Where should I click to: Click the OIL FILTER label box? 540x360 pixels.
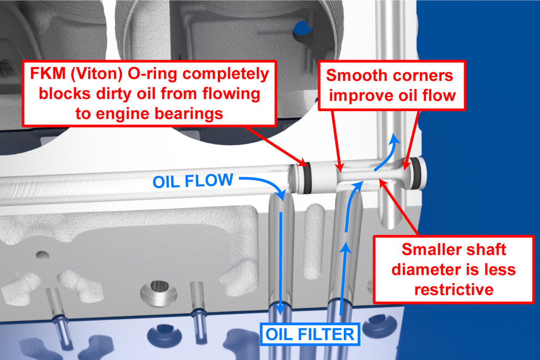point(310,334)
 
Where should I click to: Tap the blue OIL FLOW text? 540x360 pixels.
point(193,181)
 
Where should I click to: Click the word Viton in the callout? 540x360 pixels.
point(97,74)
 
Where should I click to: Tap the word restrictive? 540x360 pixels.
point(454,289)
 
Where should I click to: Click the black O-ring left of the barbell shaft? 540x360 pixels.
point(306,178)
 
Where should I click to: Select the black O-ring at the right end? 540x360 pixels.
point(417,173)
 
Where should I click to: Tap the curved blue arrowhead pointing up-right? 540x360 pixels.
point(395,138)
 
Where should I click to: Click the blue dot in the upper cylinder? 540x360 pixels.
point(302,28)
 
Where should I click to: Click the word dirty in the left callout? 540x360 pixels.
point(114,94)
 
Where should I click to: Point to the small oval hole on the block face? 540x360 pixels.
point(42,255)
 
